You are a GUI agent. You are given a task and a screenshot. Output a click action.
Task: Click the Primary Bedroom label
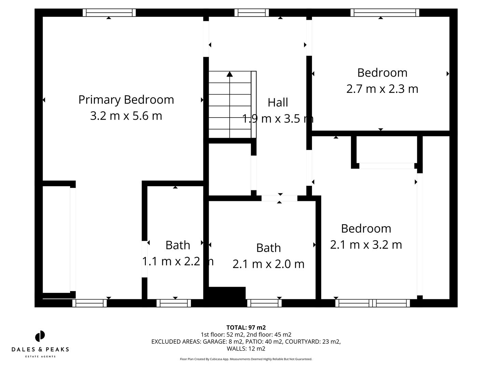click(x=126, y=100)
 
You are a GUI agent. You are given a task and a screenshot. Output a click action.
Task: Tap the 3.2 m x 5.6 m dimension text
click(x=126, y=116)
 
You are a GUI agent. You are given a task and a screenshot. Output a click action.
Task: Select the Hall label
click(x=277, y=102)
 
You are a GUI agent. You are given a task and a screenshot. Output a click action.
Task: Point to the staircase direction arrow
click(x=230, y=74)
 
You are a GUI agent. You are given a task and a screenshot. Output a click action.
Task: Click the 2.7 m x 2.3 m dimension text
click(x=382, y=89)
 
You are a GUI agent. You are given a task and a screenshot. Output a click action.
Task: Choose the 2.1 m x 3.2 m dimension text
click(x=366, y=245)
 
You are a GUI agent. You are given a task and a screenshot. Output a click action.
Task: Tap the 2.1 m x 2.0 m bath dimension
click(x=268, y=264)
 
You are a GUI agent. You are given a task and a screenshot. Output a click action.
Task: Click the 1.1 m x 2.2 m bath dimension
click(x=177, y=261)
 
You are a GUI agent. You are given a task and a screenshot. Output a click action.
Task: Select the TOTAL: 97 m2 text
click(x=246, y=328)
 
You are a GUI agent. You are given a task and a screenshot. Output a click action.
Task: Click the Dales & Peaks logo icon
click(x=40, y=336)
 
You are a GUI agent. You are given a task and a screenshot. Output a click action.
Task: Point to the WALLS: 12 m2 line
click(x=246, y=349)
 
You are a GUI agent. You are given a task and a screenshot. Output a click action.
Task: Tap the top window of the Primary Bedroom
click(x=109, y=13)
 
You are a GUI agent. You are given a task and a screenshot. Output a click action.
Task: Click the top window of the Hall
click(x=251, y=13)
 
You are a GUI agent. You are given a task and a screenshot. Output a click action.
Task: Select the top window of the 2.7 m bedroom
click(x=385, y=13)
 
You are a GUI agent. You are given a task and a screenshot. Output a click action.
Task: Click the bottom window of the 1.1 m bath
click(x=174, y=303)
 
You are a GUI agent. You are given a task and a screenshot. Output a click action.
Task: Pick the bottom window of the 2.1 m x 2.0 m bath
click(x=264, y=303)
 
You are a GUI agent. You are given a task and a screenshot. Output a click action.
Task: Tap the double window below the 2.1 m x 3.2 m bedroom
click(x=372, y=303)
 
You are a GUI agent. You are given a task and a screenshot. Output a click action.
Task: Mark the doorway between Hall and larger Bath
click(x=279, y=198)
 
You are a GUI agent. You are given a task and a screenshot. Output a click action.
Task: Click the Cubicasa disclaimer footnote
click(x=246, y=359)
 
